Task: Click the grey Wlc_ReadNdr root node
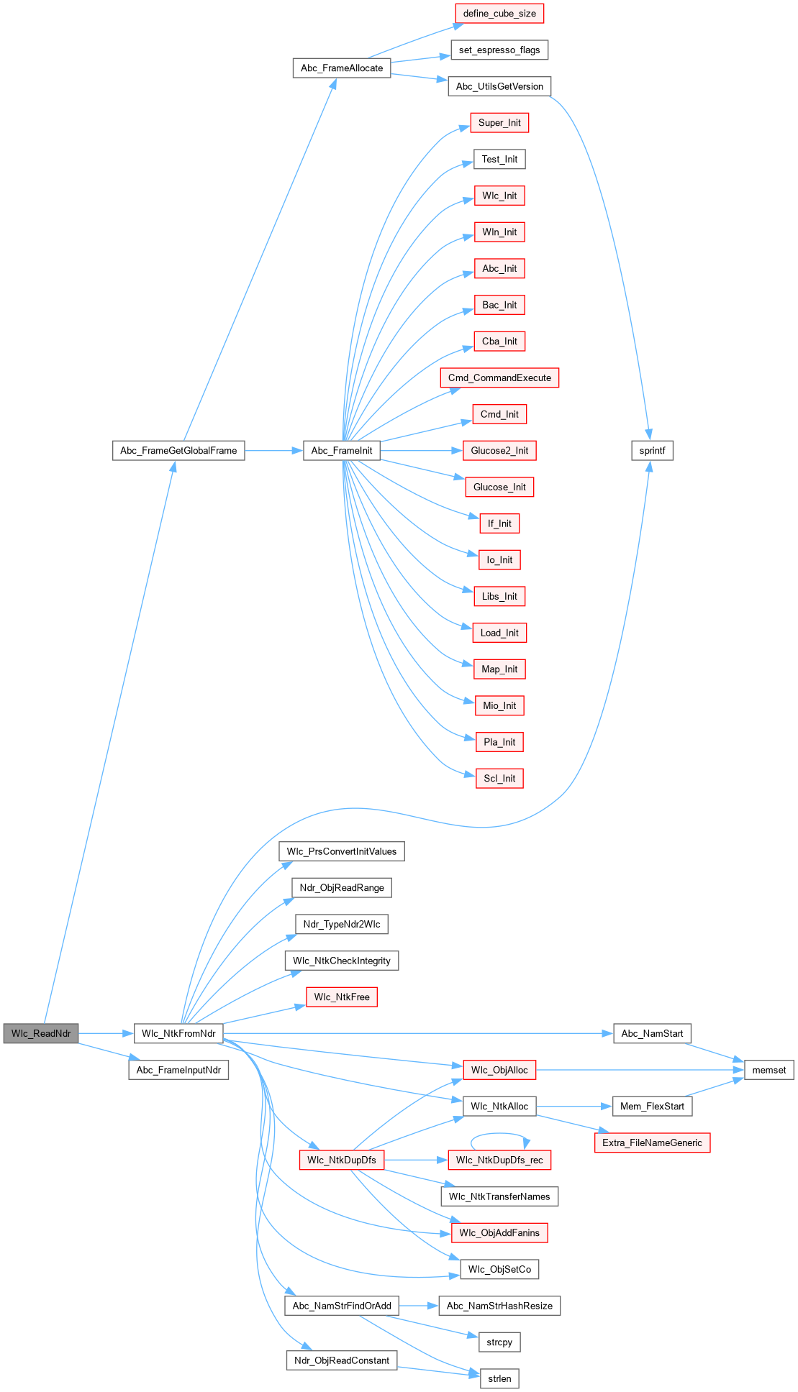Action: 41,1033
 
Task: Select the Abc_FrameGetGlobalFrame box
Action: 178,451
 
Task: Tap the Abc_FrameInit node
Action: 342,451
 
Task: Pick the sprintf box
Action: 652,451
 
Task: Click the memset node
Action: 768,1070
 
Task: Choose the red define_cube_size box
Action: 499,14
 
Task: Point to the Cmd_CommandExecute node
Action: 499,377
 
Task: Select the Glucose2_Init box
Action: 499,451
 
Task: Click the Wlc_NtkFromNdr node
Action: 178,1033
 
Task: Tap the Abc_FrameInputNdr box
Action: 178,1070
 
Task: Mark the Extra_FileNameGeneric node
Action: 652,1143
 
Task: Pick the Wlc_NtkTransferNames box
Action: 499,1196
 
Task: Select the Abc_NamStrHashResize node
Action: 499,1306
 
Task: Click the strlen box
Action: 499,1378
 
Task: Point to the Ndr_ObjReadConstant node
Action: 342,1360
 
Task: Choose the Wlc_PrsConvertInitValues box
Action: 342,851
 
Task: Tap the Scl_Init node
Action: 499,778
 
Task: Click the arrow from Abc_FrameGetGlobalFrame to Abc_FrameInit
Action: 273,451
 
